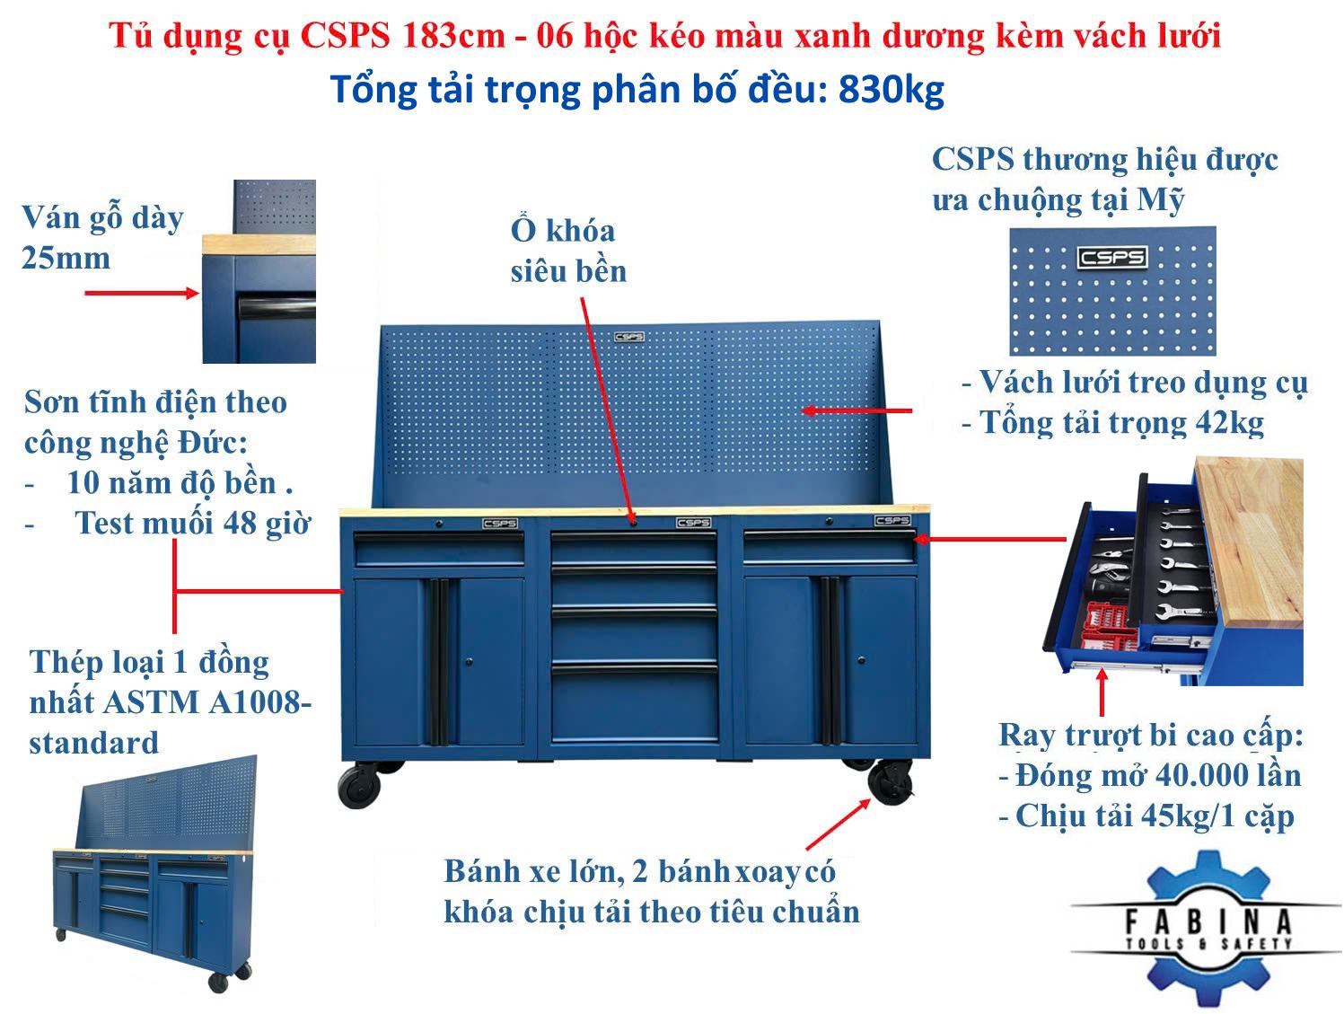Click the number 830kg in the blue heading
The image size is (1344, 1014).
(891, 90)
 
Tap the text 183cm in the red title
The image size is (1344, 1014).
(453, 36)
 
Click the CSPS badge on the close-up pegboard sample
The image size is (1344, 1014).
(1111, 257)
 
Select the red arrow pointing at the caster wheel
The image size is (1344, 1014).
(837, 824)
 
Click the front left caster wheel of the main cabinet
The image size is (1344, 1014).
(359, 785)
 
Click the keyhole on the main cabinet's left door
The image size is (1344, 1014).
(469, 661)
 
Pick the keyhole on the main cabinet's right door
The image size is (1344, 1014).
(861, 660)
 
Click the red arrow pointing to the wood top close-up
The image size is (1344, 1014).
(142, 293)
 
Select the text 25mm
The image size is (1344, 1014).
(66, 258)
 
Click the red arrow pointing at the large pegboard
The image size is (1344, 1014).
(856, 410)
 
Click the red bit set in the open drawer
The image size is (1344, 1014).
(1107, 625)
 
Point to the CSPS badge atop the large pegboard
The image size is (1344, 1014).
(628, 337)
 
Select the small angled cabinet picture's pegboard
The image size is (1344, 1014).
(165, 802)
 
